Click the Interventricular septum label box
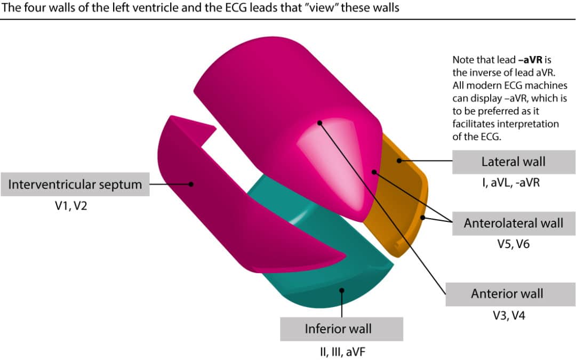click(75, 185)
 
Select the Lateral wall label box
click(513, 162)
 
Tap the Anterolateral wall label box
click(513, 223)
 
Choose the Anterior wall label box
click(507, 294)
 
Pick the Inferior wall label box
click(341, 329)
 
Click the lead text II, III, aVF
click(341, 351)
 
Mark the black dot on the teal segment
click(342, 291)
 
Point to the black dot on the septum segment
click(191, 183)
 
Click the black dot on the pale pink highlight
click(319, 123)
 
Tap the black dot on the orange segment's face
click(398, 159)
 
